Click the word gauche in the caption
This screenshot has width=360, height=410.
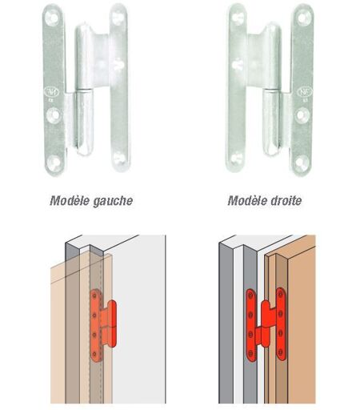pyautogui.click(x=112, y=201)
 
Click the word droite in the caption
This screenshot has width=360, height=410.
pyautogui.click(x=286, y=200)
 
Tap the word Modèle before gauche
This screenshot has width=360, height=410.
pyautogui.click(x=70, y=200)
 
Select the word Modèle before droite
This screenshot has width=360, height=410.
pyautogui.click(x=247, y=200)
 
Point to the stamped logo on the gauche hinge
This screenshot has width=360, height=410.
pyautogui.click(x=52, y=92)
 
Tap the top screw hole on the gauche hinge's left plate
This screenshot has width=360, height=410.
pyautogui.click(x=52, y=18)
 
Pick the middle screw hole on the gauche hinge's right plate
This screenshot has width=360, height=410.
pyautogui.click(x=118, y=64)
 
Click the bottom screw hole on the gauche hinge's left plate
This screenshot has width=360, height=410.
pyautogui.click(x=55, y=162)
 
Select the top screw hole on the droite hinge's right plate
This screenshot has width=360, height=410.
pyautogui.click(x=303, y=18)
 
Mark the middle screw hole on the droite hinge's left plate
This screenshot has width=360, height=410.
pyautogui.click(x=238, y=64)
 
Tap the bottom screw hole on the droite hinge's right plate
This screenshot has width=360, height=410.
pyautogui.click(x=302, y=162)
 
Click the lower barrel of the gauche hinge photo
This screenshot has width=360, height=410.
pyautogui.click(x=85, y=123)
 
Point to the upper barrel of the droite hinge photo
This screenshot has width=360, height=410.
pyautogui.click(x=272, y=55)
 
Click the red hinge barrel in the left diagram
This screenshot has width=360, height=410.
pyautogui.click(x=112, y=324)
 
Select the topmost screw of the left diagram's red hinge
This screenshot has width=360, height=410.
pyautogui.click(x=94, y=295)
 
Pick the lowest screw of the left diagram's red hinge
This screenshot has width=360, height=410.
pyautogui.click(x=94, y=355)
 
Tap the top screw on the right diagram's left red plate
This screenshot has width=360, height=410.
pyautogui.click(x=250, y=295)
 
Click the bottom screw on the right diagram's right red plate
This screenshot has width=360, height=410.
pyautogui.click(x=281, y=352)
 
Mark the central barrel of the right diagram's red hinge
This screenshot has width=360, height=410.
pyautogui.click(x=266, y=324)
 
